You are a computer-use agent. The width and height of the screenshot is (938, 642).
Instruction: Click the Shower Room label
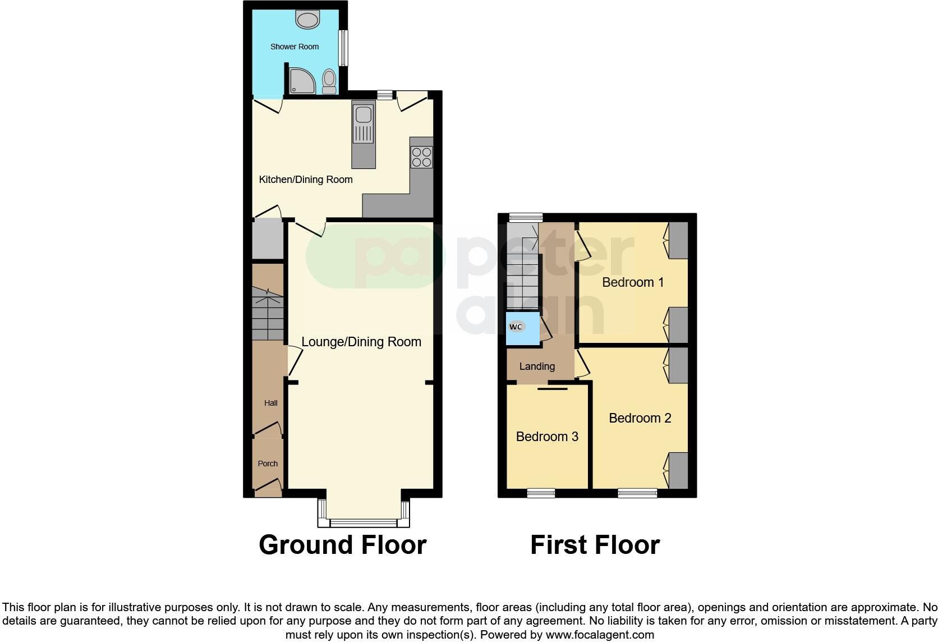[x=295, y=47]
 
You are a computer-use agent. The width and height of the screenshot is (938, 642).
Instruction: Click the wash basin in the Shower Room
[x=307, y=20]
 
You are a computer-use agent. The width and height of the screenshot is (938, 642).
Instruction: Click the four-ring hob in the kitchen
[x=421, y=157]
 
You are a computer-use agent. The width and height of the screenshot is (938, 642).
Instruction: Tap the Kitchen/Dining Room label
[x=306, y=180]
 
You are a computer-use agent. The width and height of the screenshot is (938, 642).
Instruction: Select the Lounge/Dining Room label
[x=361, y=342]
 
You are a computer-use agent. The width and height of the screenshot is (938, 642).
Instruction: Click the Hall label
[x=271, y=403]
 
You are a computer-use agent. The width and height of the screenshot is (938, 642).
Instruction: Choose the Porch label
[x=268, y=464]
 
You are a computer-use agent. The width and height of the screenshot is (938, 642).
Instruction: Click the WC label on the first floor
[x=516, y=327]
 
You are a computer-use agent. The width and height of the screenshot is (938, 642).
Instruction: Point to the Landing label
[x=537, y=366]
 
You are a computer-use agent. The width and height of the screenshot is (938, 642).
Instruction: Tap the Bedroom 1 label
[x=633, y=282]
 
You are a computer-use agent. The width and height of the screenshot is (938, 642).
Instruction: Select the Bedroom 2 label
[x=640, y=418]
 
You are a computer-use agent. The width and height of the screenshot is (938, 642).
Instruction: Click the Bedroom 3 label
[x=547, y=437]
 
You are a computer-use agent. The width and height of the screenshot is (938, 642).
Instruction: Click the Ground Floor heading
[x=343, y=545]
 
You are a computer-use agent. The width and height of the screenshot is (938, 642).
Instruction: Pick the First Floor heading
[x=595, y=545]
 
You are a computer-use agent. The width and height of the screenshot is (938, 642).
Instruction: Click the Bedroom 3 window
[x=541, y=493]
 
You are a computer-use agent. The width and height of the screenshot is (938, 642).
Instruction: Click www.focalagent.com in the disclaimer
[x=600, y=635]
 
